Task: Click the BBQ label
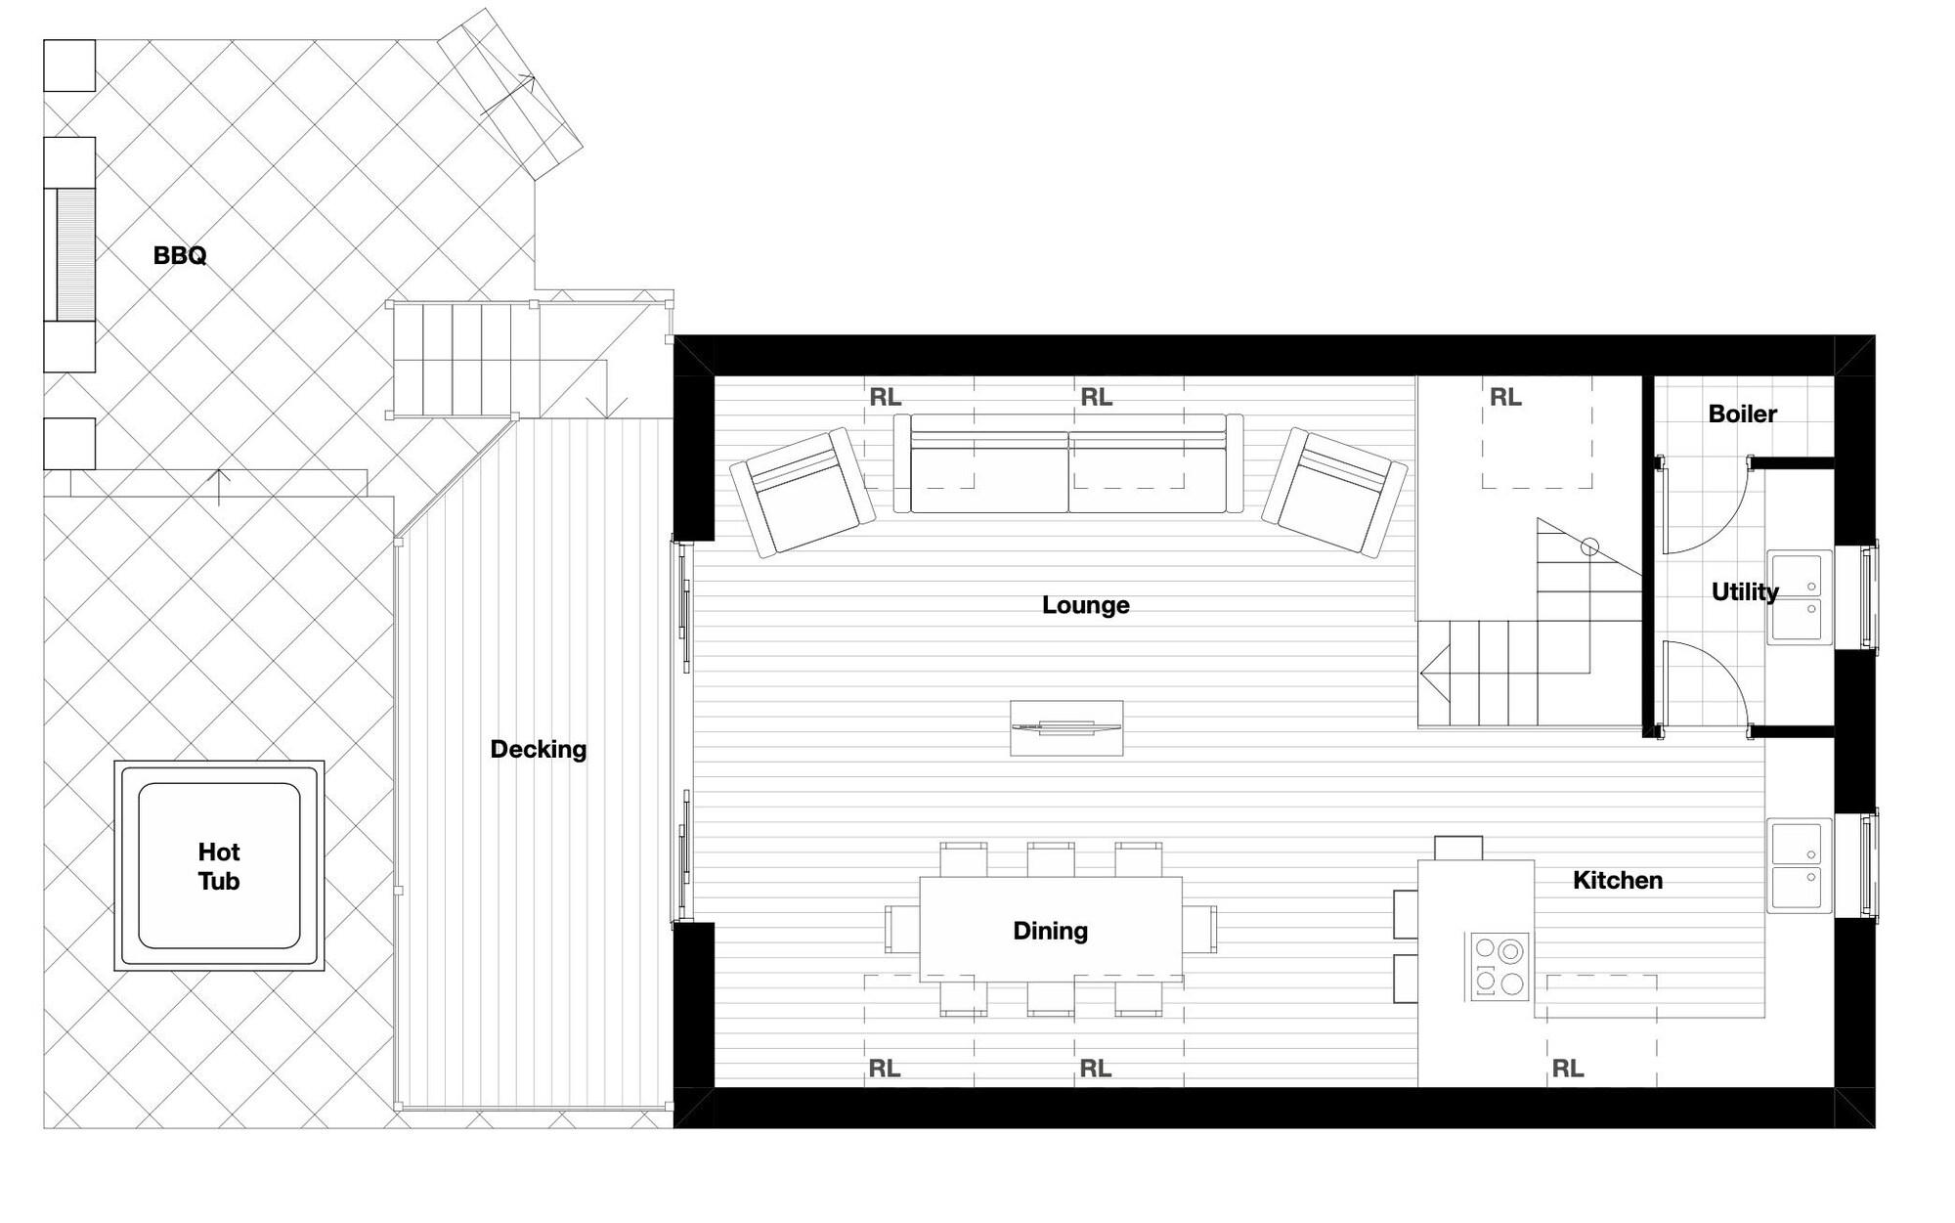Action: tap(180, 255)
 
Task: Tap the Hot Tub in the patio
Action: tap(219, 865)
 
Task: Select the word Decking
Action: tap(539, 749)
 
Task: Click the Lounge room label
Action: tap(1085, 605)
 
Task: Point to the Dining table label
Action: tap(1050, 931)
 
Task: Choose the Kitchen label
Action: tap(1618, 880)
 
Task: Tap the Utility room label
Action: tap(1745, 591)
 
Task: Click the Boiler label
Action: tap(1742, 414)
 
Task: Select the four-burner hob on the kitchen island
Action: tap(1500, 966)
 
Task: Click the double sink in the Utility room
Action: tap(1799, 596)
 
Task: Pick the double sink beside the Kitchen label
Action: tap(1799, 865)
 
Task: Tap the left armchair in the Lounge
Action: tap(803, 492)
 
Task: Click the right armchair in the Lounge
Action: tap(1335, 492)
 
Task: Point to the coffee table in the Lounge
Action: tap(1066, 727)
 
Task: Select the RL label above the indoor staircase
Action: tap(1505, 397)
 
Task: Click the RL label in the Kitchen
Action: tap(1567, 1069)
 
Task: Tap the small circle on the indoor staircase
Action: tap(1589, 547)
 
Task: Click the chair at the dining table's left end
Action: tap(902, 929)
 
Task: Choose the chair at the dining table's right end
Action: tap(1199, 929)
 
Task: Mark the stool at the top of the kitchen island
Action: tap(1458, 848)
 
